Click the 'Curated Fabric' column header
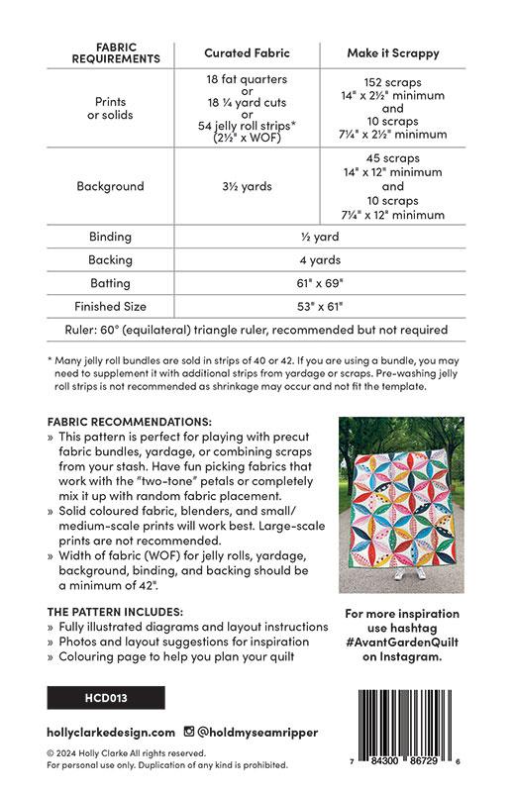246,52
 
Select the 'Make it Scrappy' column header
392,52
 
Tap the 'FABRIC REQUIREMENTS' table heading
116,52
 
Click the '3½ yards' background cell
246,186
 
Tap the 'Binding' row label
116,238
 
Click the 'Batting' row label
116,283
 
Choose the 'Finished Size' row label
116,306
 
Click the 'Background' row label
116,186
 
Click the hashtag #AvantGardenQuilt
400,642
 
